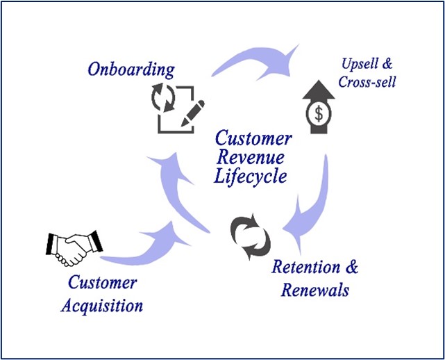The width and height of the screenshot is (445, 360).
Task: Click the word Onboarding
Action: point(130,69)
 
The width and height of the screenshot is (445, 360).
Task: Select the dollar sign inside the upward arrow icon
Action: point(319,113)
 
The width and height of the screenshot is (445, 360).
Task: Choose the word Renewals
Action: point(314,289)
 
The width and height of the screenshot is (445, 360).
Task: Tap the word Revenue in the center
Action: point(251,156)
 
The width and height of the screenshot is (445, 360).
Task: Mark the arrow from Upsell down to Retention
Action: point(312,202)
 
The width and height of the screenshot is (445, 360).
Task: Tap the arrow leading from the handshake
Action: point(149,247)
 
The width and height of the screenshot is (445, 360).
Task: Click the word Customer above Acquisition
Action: point(102,283)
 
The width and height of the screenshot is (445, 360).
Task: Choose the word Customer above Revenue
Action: point(253,138)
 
